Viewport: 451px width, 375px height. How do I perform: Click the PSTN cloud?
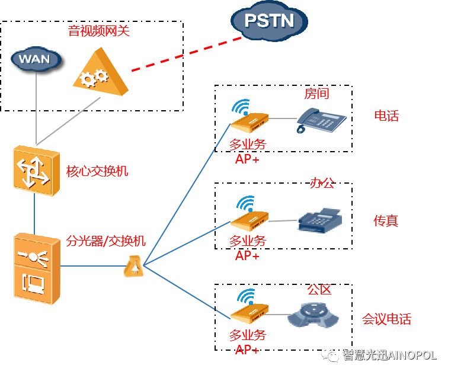tap(270, 21)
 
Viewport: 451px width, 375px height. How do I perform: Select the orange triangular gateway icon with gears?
tap(101, 73)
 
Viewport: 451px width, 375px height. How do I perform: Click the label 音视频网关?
tap(99, 31)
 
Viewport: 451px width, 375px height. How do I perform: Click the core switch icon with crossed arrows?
tap(35, 168)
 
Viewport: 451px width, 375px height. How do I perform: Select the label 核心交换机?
tap(97, 172)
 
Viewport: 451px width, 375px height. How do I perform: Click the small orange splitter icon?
tap(133, 267)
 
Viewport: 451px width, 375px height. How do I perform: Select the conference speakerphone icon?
tap(315, 315)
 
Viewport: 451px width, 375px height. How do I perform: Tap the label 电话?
tap(386, 116)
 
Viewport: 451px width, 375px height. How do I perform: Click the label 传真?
tap(386, 221)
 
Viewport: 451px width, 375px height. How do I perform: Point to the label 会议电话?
tap(386, 319)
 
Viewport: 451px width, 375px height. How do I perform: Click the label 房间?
tap(316, 94)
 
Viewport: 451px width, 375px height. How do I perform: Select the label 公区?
tap(319, 290)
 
